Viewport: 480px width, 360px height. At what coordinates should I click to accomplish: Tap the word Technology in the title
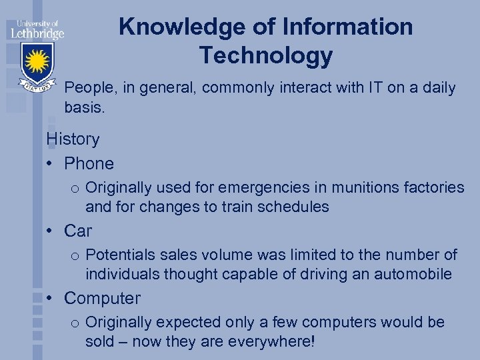tap(266, 56)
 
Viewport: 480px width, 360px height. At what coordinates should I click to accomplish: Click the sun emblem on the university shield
tap(37, 62)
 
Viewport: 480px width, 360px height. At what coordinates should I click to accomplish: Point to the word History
tap(73, 139)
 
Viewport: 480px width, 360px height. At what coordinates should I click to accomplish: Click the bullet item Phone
tap(89, 163)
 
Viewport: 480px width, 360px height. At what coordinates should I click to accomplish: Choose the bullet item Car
tap(78, 231)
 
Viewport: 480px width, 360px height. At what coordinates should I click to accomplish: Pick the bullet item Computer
tap(103, 298)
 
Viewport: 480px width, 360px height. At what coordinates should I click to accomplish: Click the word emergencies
tap(255, 188)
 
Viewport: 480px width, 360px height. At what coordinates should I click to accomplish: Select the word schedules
tap(294, 207)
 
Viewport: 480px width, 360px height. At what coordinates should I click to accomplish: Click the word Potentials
tap(121, 255)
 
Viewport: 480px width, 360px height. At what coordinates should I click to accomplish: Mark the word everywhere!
tap(271, 341)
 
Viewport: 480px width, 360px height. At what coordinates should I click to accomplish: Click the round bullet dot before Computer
tap(51, 299)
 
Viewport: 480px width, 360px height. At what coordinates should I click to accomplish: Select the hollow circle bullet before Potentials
tap(75, 255)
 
